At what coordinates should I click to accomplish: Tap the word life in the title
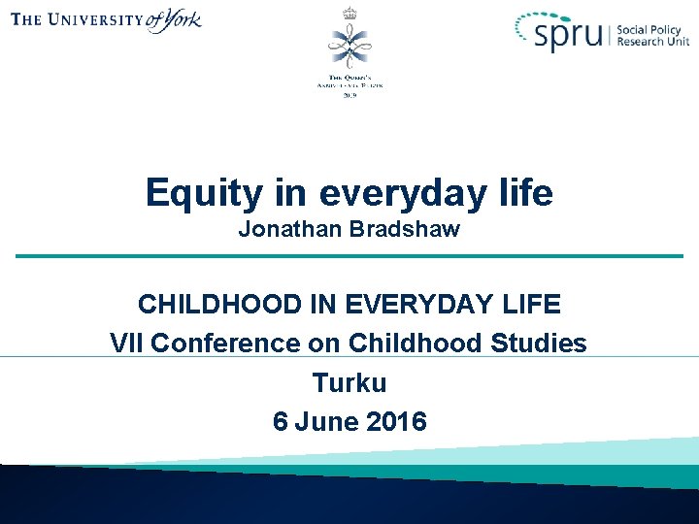(x=527, y=193)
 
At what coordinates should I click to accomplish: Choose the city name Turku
(x=349, y=382)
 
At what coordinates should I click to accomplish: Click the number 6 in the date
(x=281, y=421)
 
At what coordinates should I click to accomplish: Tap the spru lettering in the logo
(x=573, y=37)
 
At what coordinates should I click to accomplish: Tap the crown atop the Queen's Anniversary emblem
(x=349, y=13)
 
